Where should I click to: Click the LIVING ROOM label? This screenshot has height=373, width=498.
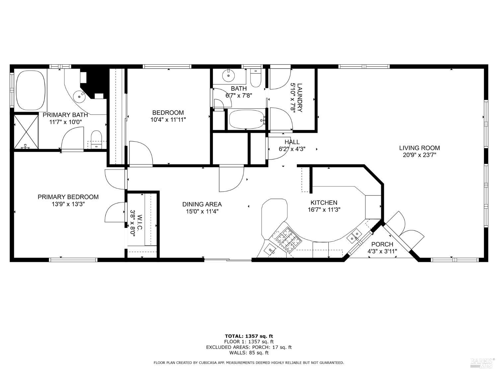(x=420, y=148)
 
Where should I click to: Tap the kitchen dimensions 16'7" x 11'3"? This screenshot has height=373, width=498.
(x=324, y=210)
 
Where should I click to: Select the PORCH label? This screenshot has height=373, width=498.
(x=382, y=244)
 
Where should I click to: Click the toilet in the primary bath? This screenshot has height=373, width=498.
(x=96, y=140)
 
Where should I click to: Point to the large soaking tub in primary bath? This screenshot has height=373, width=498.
(x=31, y=90)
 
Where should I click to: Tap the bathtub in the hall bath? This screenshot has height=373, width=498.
(x=247, y=119)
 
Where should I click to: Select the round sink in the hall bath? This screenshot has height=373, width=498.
(x=228, y=75)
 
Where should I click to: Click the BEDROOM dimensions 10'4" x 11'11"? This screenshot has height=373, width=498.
(x=168, y=120)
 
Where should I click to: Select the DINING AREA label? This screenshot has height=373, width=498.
(x=202, y=204)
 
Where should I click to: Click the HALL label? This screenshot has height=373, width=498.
(x=292, y=142)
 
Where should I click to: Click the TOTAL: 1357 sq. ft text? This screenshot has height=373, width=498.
(x=249, y=336)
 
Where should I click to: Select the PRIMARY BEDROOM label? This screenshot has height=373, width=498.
(x=68, y=197)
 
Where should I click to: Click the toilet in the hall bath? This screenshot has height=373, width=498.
(x=256, y=78)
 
